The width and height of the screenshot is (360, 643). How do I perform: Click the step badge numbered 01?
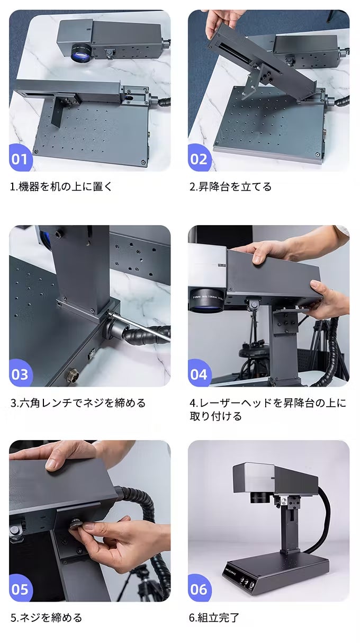20,158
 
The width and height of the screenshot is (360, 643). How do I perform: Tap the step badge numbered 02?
199,158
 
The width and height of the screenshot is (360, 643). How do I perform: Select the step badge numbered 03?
20,373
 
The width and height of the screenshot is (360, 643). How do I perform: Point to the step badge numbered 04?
199,373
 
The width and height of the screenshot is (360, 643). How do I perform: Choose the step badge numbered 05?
20,589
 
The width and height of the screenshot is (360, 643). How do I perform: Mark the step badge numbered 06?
199,589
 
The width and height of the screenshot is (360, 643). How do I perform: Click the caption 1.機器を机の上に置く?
61,187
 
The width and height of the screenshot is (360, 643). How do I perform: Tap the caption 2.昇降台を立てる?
230,187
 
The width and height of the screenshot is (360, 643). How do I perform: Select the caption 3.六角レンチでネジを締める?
78,403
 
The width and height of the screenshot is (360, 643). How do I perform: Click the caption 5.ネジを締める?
47,618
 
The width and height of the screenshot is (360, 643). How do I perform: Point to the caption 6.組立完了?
214,618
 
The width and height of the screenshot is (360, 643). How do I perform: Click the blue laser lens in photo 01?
82,53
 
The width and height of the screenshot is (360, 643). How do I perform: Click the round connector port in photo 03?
73,376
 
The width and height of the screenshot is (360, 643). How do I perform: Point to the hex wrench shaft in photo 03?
140,327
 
